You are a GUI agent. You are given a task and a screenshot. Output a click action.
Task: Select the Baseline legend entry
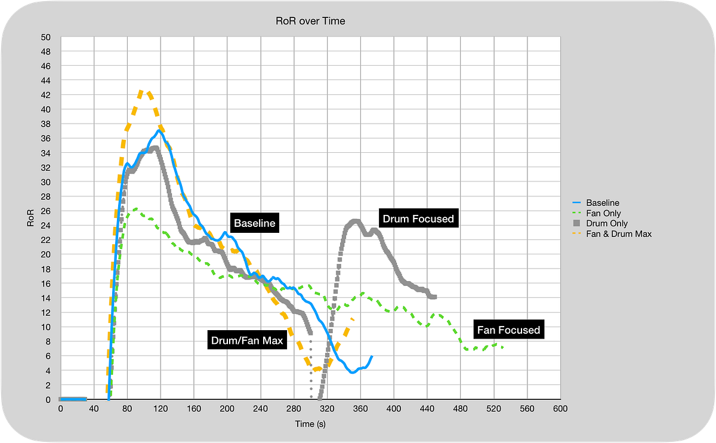coord(603,203)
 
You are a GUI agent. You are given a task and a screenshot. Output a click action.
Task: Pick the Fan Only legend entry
coord(603,213)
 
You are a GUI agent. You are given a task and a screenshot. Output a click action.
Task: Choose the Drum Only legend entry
coord(606,223)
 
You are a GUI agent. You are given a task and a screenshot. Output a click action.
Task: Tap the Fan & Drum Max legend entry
coord(619,234)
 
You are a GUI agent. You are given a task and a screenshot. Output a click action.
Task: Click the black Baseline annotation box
coord(254,224)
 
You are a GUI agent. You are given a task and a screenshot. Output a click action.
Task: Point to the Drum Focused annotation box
coord(418,219)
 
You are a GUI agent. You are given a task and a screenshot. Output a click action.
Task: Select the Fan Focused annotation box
coord(509,330)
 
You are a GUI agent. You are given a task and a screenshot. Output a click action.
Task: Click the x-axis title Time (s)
coord(310,424)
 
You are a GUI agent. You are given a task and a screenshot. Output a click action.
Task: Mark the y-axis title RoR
coord(30,219)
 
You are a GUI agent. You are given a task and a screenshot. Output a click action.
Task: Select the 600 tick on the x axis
coord(559,408)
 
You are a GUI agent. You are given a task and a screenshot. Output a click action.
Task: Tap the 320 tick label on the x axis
coord(326,408)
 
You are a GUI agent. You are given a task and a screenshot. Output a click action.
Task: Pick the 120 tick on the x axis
coord(160,408)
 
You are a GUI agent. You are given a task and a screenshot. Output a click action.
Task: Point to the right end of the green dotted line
coord(504,347)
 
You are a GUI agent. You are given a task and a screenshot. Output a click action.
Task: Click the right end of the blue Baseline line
coord(372,356)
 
